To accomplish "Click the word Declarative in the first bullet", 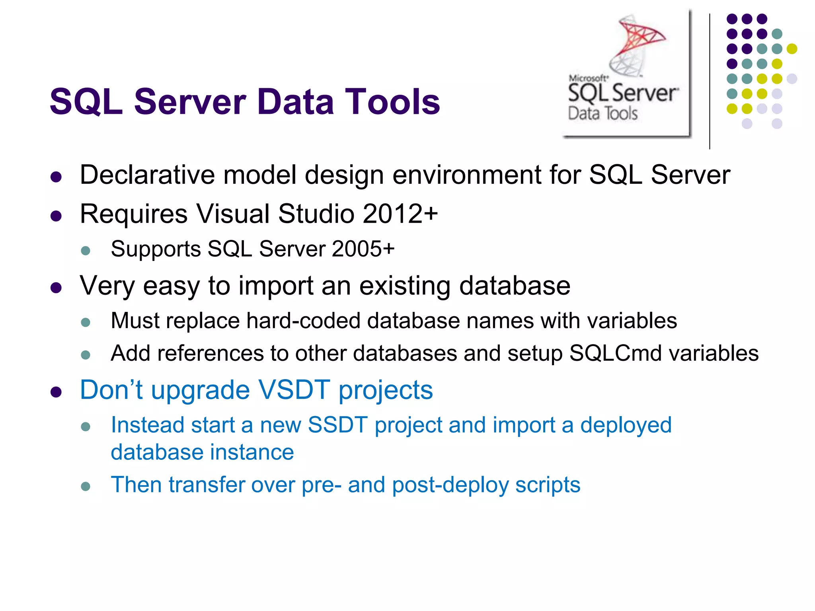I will [147, 175].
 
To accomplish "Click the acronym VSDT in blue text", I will [294, 390].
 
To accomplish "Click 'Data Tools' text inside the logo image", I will [602, 114].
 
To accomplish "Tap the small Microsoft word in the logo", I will [588, 78].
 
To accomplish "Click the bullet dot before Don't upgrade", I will [56, 392].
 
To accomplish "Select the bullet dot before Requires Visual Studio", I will [56, 216].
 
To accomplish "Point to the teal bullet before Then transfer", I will [86, 486].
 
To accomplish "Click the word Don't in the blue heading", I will [111, 390].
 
